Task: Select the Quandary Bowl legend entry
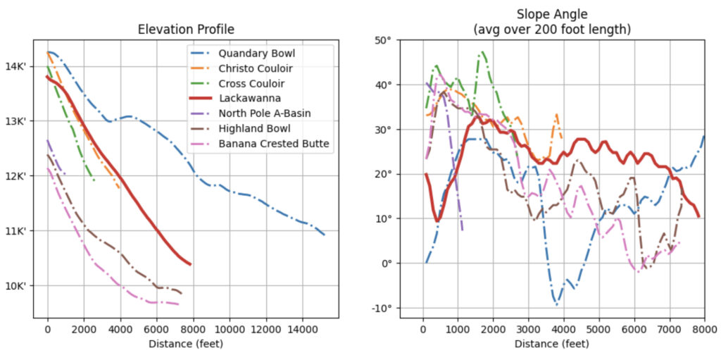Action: (x=256, y=53)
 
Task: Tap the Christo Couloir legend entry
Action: (x=256, y=68)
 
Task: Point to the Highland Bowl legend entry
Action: (x=253, y=129)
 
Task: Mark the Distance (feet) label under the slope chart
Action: (x=551, y=344)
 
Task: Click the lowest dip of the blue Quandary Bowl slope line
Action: (x=556, y=304)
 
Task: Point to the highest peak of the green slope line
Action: (x=483, y=51)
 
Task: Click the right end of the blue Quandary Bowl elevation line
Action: (x=325, y=235)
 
